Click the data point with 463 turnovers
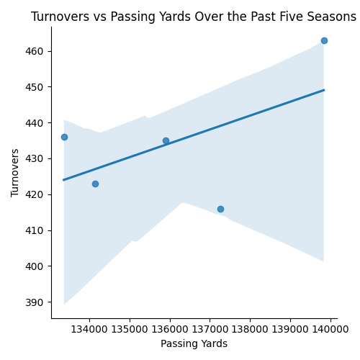(x=324, y=40)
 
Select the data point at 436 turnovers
(x=64, y=137)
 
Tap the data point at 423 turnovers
(x=95, y=184)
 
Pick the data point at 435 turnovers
(x=166, y=140)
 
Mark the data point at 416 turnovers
(x=220, y=209)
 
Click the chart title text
(x=193, y=17)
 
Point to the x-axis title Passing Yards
(x=194, y=344)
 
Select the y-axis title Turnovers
(x=16, y=173)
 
